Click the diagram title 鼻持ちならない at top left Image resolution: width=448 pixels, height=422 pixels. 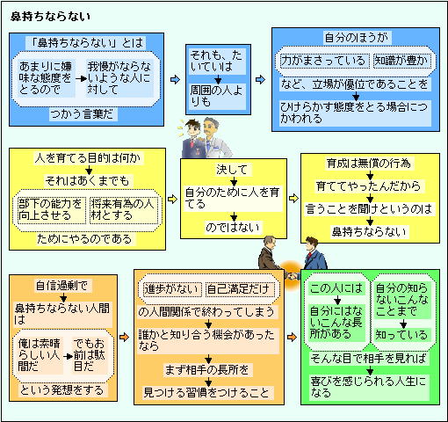[50, 17]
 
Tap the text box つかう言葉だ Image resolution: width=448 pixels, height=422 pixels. [83, 114]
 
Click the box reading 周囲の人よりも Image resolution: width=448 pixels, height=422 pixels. [217, 97]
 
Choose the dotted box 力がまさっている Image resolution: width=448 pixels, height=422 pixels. [323, 61]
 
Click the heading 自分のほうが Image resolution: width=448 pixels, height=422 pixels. [357, 38]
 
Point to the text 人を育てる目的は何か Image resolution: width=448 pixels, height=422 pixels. [88, 158]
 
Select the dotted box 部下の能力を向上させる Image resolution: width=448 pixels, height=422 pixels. [51, 210]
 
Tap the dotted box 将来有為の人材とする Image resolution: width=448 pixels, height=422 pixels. [123, 210]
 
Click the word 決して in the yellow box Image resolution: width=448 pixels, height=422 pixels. [232, 170]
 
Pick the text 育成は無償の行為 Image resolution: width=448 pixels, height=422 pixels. [370, 164]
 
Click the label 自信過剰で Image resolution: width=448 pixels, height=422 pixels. [62, 286]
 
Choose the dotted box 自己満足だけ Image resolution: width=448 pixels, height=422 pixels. [240, 289]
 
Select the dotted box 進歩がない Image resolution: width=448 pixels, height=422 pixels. [170, 289]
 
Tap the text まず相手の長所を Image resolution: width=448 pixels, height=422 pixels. [208, 370]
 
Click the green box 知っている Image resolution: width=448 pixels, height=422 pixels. [401, 335]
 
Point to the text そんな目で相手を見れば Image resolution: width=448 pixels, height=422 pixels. [369, 359]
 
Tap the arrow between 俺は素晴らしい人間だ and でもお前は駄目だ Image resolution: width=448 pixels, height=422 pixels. [69, 356]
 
